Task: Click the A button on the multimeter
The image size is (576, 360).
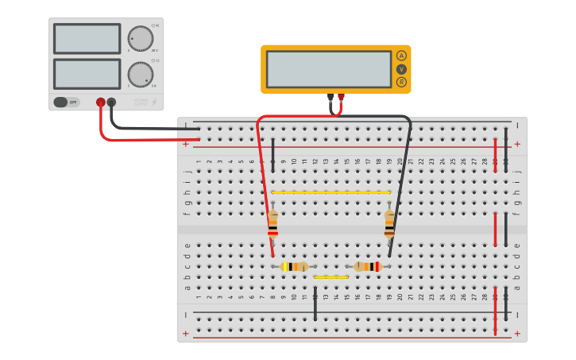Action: tap(401, 56)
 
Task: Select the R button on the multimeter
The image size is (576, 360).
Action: tap(401, 82)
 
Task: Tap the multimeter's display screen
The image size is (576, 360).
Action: tap(329, 69)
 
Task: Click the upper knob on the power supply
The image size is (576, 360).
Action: tap(141, 38)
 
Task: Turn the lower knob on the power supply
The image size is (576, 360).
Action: tap(141, 74)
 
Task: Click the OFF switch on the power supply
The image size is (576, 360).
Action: tap(67, 102)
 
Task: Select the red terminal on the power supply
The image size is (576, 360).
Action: tap(101, 102)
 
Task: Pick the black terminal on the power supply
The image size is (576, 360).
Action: tap(111, 102)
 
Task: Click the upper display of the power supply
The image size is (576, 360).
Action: tap(87, 38)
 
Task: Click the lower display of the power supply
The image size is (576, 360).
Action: tap(87, 74)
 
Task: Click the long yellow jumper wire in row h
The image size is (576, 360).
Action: tap(331, 192)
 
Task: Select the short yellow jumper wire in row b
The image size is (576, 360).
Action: tap(331, 277)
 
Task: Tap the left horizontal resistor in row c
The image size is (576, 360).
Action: tap(295, 266)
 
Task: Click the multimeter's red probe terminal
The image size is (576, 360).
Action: tap(342, 98)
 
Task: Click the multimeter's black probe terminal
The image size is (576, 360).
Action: tap(331, 98)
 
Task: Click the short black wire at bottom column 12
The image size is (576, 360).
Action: tap(315, 306)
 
